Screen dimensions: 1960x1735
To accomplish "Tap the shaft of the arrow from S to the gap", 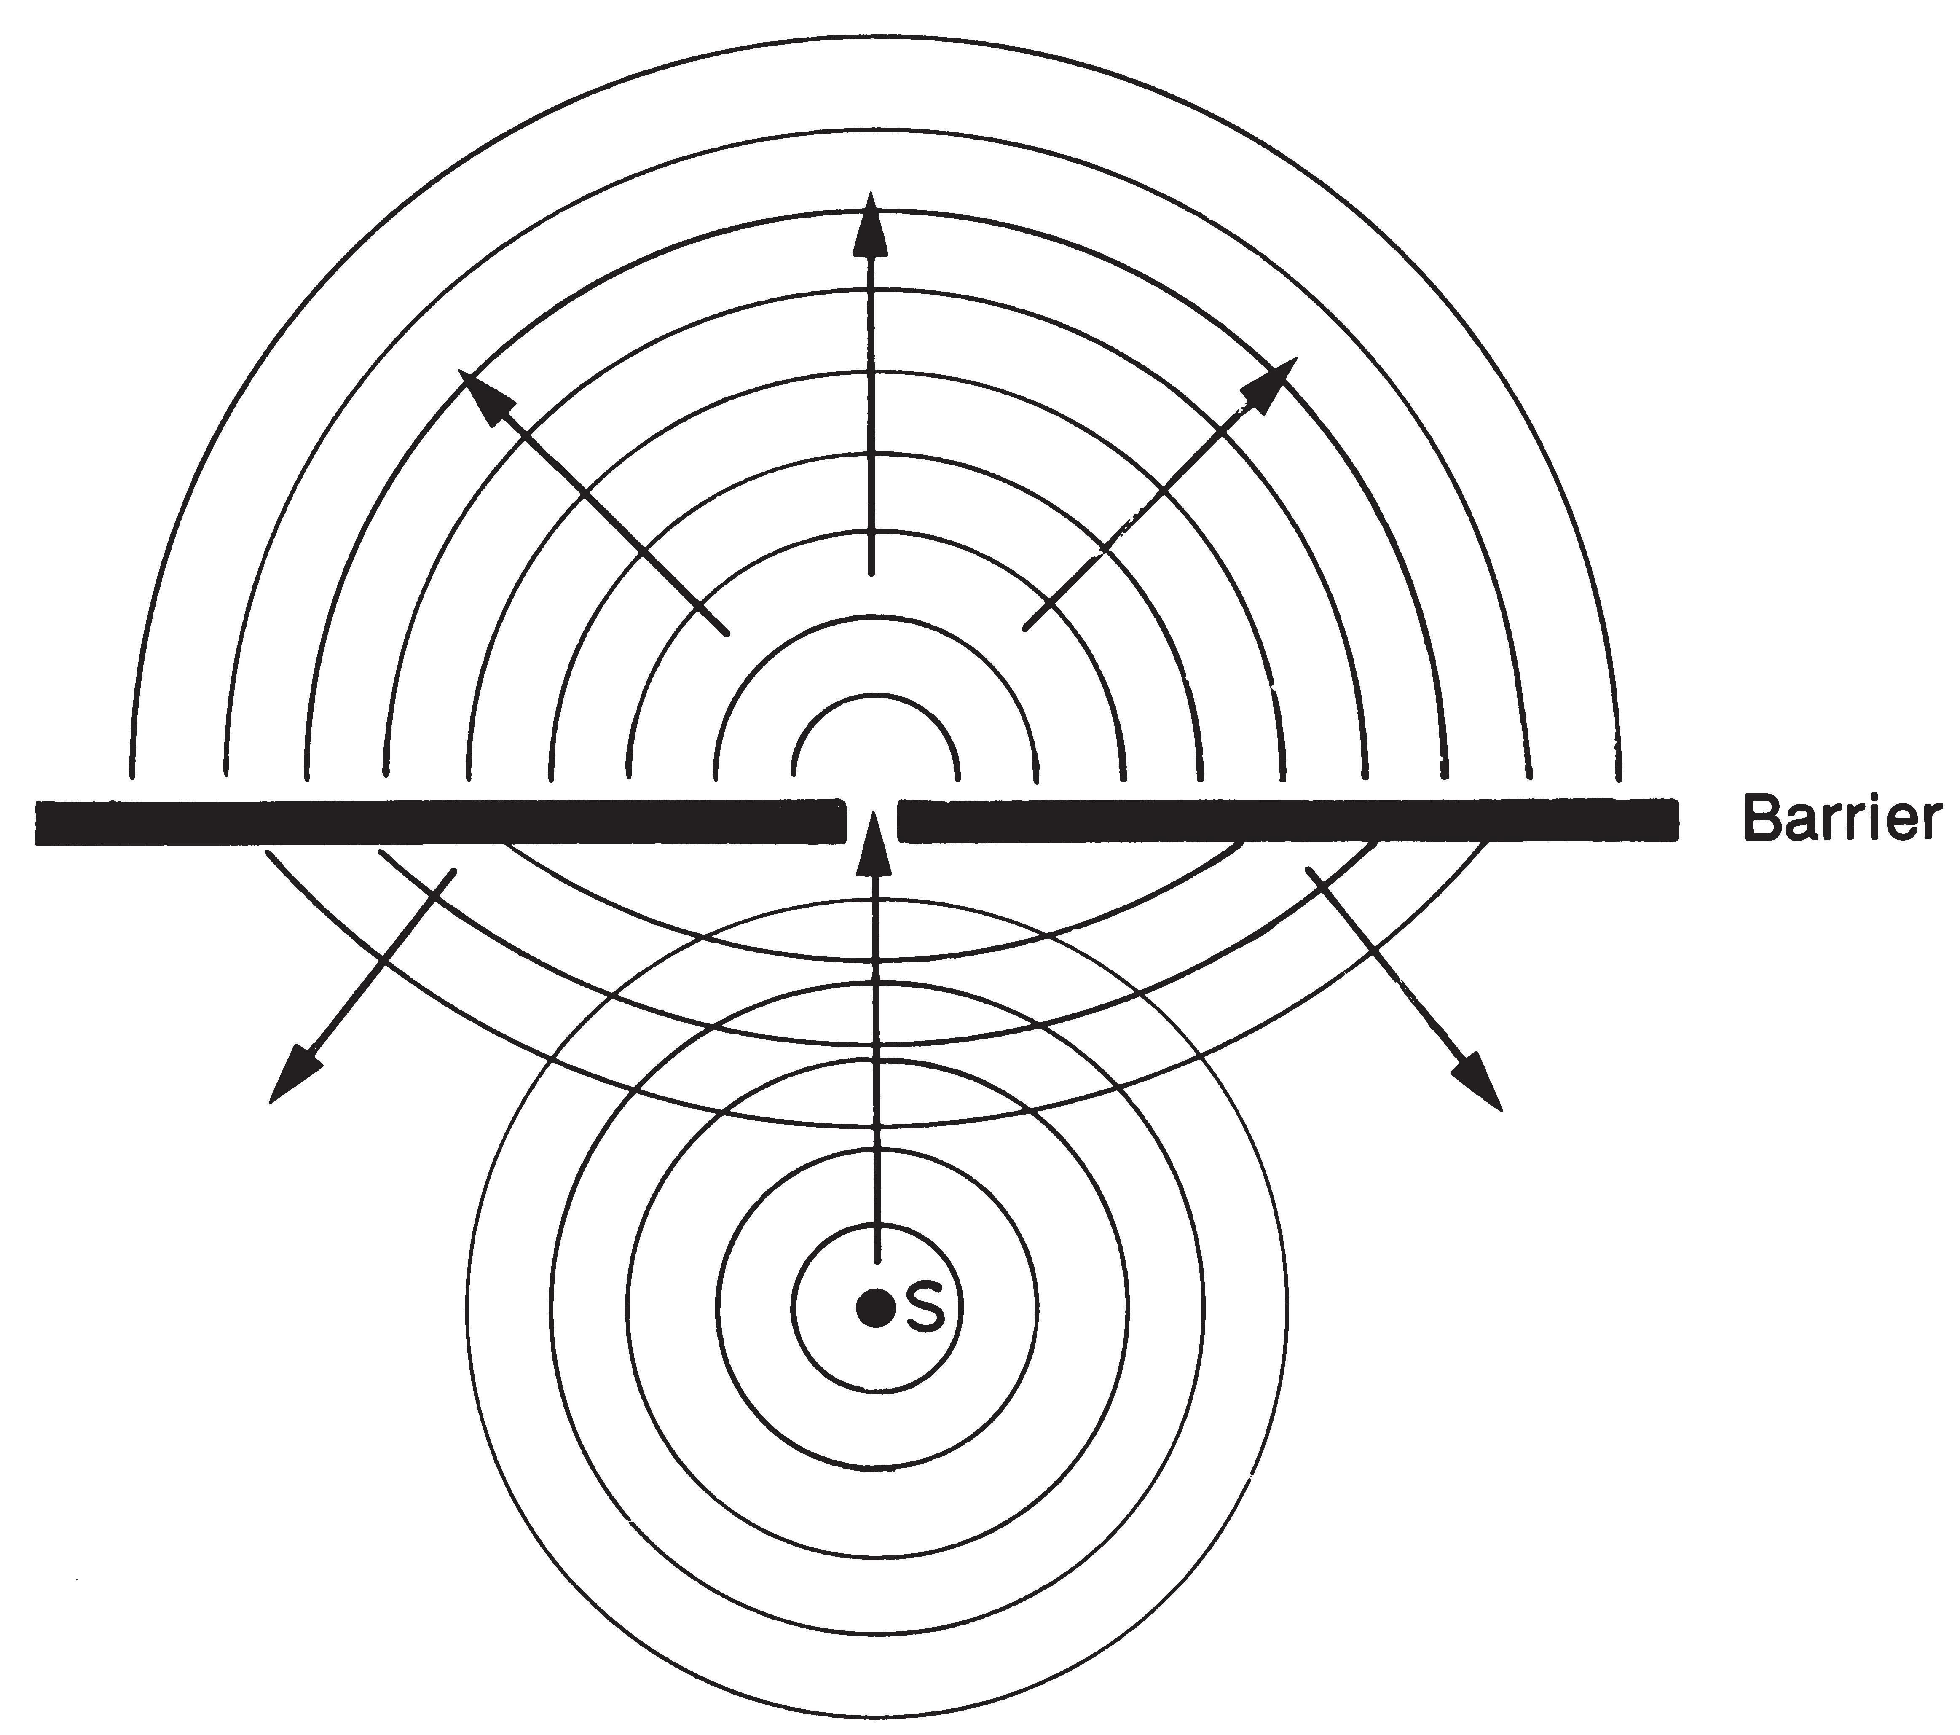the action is click(x=874, y=1055).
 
